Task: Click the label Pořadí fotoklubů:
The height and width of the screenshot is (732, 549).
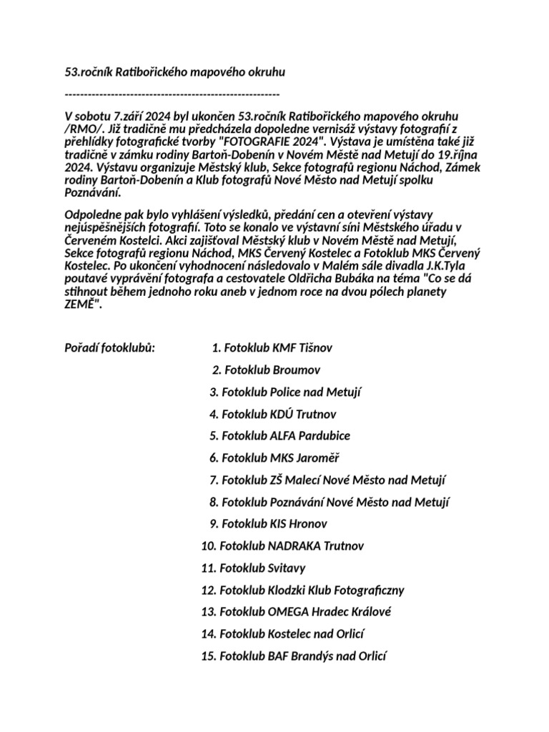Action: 110,349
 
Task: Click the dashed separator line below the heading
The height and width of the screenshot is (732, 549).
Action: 172,94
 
